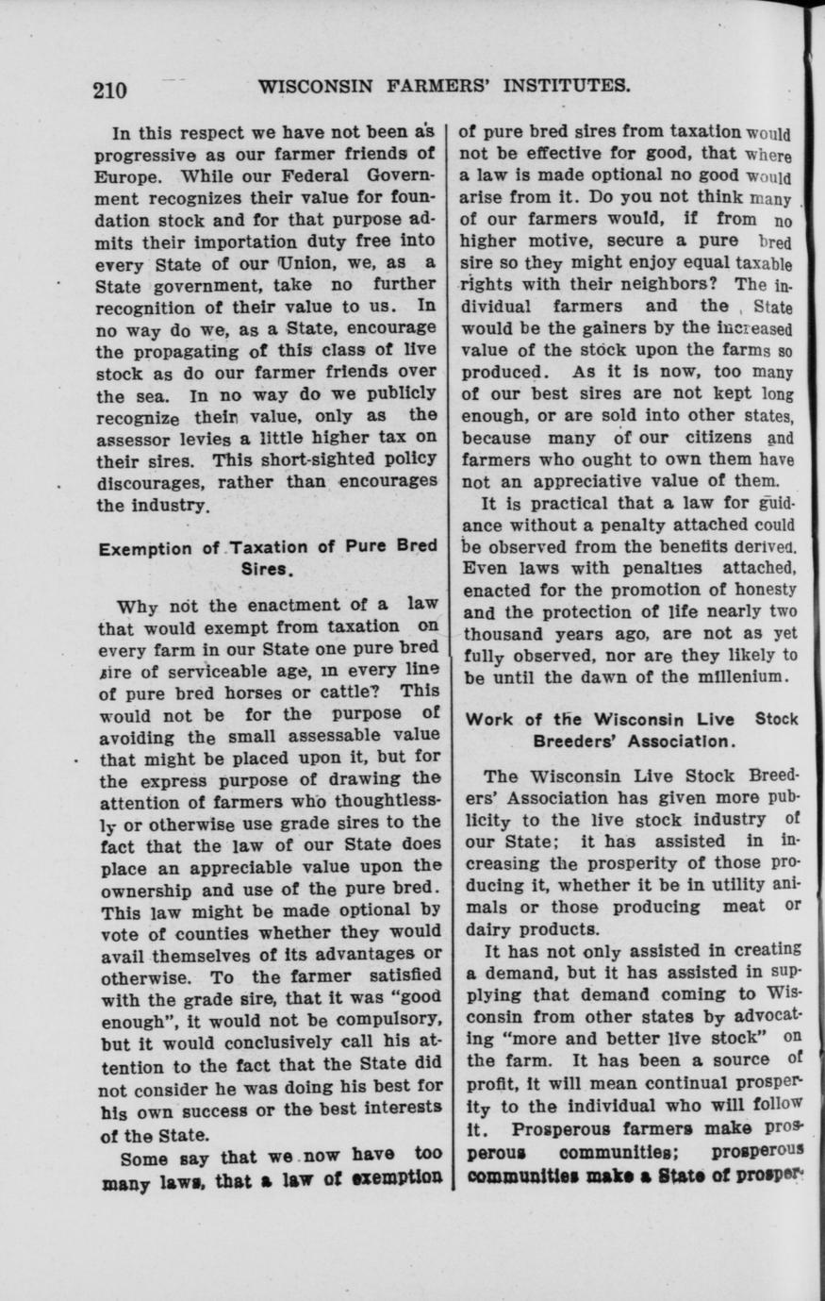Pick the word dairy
[488, 927]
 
